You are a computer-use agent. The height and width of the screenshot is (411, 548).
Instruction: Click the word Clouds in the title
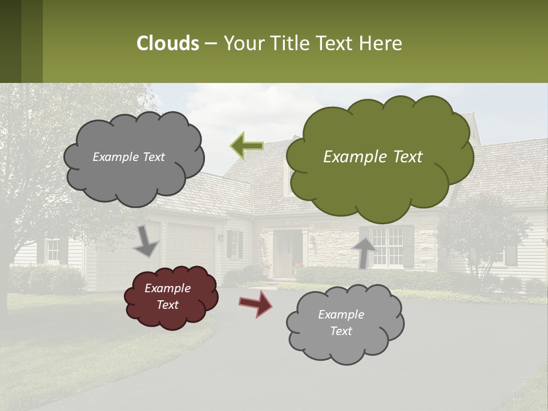pos(167,43)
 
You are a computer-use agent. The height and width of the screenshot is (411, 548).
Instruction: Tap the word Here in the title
pos(382,43)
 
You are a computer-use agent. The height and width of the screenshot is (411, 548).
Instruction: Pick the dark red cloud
pos(171,297)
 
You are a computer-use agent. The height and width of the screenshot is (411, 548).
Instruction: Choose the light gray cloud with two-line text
pos(344,323)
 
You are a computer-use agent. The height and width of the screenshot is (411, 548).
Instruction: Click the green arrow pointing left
pos(247,146)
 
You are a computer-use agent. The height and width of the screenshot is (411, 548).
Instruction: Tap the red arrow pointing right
pos(255,303)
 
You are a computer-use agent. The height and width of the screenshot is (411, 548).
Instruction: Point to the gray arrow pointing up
pos(364,251)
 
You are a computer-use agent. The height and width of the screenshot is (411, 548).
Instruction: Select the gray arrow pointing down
pos(146,241)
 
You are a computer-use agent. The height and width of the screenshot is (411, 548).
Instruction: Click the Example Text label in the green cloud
pos(373,157)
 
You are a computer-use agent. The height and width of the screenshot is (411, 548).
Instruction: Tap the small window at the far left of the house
pos(53,250)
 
